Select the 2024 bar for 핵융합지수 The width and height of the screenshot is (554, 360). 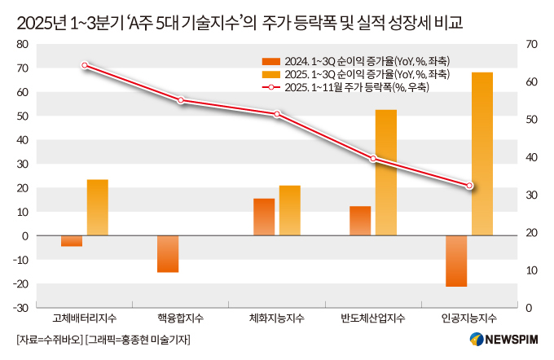(x=168, y=254)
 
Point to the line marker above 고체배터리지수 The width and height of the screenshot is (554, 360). (x=85, y=65)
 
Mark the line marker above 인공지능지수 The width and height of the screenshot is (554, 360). (x=469, y=187)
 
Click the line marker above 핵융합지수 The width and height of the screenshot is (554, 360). (x=181, y=100)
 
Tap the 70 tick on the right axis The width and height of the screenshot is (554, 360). (x=534, y=44)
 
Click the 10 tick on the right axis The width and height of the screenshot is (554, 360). (x=533, y=270)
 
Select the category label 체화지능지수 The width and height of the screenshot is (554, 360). (x=277, y=317)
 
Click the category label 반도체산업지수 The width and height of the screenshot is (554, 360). (x=373, y=317)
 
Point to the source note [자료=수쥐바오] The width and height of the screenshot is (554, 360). (x=48, y=339)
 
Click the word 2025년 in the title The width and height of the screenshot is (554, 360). (x=40, y=20)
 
